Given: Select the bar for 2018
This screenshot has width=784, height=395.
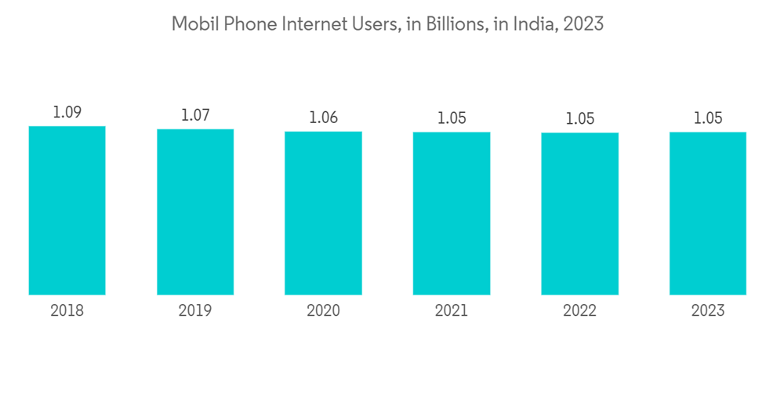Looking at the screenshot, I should [x=67, y=210].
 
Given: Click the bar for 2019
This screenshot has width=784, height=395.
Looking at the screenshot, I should [x=195, y=212].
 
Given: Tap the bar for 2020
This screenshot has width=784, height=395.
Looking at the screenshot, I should [x=323, y=213].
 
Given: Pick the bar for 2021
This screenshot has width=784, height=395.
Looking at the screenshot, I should [x=452, y=213].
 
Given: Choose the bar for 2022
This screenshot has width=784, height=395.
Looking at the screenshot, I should [x=579, y=214].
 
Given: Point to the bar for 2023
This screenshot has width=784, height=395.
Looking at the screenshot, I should [x=708, y=213].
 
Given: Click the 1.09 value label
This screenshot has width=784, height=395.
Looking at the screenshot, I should [x=67, y=112].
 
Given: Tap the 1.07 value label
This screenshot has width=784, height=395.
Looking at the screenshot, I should [x=195, y=115].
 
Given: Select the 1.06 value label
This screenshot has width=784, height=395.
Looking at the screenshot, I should [x=323, y=118].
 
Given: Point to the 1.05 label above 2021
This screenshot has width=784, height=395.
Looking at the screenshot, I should [x=452, y=118].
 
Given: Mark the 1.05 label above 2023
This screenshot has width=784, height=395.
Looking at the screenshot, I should [x=708, y=118].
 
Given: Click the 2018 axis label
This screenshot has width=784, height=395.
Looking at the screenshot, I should [x=67, y=311].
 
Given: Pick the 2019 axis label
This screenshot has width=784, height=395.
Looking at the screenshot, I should [x=195, y=311].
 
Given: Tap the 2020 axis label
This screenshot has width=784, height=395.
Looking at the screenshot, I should [x=323, y=311].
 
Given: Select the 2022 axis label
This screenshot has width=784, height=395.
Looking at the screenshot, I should [x=579, y=311].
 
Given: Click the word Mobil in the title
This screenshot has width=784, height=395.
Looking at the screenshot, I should [x=192, y=24].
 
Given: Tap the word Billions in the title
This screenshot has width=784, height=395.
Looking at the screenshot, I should [x=449, y=24].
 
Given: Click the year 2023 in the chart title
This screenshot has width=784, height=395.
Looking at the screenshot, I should [x=585, y=24].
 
